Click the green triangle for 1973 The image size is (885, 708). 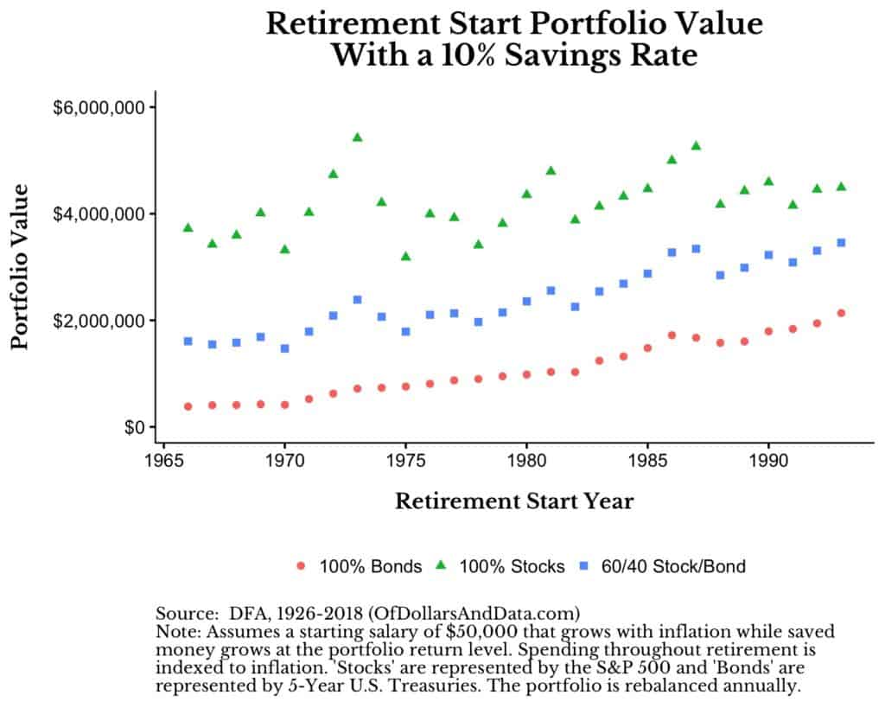pyautogui.click(x=357, y=137)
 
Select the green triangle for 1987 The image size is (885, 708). pyautogui.click(x=696, y=146)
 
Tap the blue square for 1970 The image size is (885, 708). pyautogui.click(x=284, y=348)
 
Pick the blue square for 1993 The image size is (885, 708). pyautogui.click(x=841, y=243)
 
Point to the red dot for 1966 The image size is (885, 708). pyautogui.click(x=188, y=406)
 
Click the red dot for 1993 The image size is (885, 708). pyautogui.click(x=841, y=313)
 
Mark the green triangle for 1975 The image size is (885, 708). pyautogui.click(x=405, y=257)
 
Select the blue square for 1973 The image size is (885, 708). pyautogui.click(x=357, y=300)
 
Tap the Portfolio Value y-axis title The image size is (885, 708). pyautogui.click(x=21, y=266)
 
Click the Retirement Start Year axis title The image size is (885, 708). pyautogui.click(x=513, y=501)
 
